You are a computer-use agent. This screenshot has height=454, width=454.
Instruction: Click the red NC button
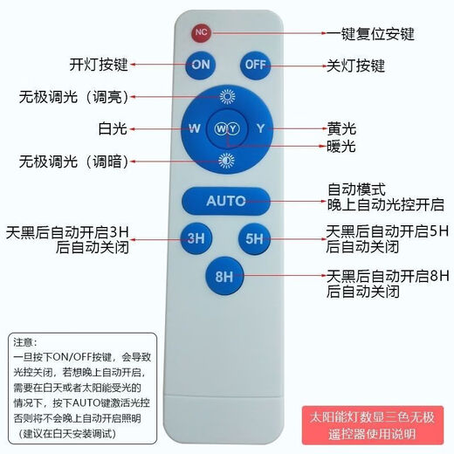point(202,32)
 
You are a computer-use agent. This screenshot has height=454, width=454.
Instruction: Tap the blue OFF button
point(255,65)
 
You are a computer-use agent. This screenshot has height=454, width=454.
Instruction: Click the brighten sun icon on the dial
point(227,98)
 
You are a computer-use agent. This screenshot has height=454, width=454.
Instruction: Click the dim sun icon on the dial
point(227,160)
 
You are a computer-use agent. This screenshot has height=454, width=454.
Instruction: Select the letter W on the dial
point(195,129)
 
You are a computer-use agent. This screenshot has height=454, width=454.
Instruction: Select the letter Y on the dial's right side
point(259,129)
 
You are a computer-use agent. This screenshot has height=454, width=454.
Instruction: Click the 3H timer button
point(196,237)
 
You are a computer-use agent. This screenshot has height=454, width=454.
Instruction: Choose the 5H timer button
point(255,237)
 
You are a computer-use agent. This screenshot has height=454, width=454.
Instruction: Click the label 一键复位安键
point(370,35)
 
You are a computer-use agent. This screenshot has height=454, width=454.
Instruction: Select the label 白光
point(113,128)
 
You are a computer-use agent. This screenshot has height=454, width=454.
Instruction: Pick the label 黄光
point(340,127)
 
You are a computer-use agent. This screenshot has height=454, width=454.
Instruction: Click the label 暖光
point(340,146)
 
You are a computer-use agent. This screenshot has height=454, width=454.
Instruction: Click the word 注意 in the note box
point(28,342)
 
